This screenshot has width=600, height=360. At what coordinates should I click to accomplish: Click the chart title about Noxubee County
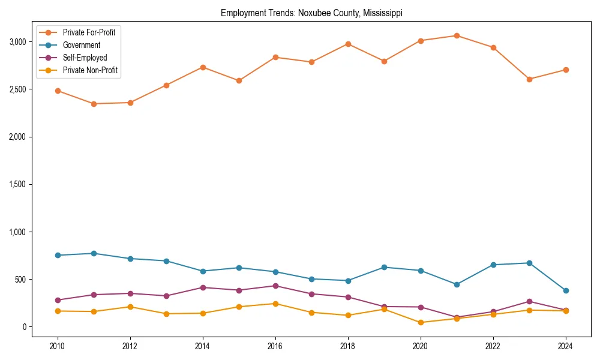click(315, 13)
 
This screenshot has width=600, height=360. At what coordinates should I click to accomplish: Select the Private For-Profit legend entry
click(89, 32)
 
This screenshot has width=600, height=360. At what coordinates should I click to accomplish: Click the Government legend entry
click(81, 45)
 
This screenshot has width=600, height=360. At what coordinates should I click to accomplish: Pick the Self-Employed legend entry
click(85, 58)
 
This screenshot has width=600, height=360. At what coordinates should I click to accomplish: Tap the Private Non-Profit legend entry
click(90, 70)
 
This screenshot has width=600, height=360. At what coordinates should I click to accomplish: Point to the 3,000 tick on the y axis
click(17, 42)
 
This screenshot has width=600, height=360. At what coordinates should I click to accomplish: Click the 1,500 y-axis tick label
click(17, 184)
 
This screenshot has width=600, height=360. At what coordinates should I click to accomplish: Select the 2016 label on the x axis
click(275, 346)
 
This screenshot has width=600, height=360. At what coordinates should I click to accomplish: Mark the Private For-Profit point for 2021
click(457, 35)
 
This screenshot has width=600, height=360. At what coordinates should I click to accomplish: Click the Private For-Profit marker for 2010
click(58, 91)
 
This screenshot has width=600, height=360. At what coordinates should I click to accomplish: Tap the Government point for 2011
click(94, 253)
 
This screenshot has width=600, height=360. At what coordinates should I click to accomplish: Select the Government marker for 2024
click(566, 290)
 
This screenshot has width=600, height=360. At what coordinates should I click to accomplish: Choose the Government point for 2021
click(457, 284)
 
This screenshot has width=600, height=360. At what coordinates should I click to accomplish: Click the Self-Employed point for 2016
click(275, 286)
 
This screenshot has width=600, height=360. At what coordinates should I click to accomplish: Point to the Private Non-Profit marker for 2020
click(421, 322)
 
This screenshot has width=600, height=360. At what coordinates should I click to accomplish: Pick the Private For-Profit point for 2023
click(529, 79)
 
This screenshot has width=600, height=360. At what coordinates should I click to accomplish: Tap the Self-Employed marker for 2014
click(203, 287)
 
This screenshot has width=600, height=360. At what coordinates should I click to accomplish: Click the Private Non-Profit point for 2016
click(275, 304)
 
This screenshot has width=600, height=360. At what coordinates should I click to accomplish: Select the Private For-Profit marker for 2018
click(348, 44)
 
